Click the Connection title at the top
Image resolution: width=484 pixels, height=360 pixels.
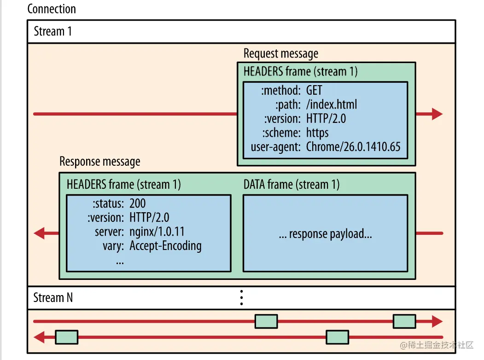pos(52,9)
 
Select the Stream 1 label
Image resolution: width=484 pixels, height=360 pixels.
pos(53,31)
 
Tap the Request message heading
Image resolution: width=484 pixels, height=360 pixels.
pos(281,54)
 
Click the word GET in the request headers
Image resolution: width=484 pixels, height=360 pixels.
pos(314,90)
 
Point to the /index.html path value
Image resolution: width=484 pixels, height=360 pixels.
pos(332,104)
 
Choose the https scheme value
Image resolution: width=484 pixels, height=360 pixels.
pos(317,133)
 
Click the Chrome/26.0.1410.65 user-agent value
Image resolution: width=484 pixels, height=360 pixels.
pos(353,147)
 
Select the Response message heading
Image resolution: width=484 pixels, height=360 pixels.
pos(100,162)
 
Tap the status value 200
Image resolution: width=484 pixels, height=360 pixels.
pos(137,203)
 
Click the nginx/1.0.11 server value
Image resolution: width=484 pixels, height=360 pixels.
pos(157,232)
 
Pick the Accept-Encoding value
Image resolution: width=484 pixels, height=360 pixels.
pos(165,246)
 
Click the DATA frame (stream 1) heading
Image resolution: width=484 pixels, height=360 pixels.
pos(292,185)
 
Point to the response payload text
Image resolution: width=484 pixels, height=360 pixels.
pos(325,234)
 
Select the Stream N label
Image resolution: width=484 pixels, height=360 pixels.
pos(53,298)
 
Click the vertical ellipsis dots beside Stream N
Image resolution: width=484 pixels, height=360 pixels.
pos(241,298)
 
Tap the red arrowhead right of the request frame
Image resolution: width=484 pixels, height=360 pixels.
pos(437,114)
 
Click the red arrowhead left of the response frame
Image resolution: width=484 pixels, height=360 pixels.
pos(39,233)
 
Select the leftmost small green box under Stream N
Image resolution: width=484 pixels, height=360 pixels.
pos(67,337)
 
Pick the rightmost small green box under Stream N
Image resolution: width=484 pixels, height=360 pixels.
pos(404,321)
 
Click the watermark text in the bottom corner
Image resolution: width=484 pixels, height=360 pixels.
pos(437,345)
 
